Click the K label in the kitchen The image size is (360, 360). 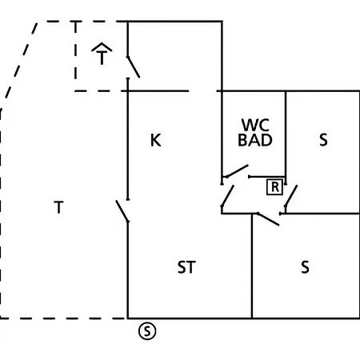click(156, 140)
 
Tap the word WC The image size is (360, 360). click(255, 125)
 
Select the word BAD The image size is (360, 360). click(255, 140)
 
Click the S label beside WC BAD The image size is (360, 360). click(323, 139)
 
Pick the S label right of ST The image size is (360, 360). click(306, 267)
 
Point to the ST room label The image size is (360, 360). click(186, 267)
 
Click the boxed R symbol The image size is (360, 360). click(274, 187)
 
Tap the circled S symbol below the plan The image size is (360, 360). click(147, 331)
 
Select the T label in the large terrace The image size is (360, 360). click(58, 207)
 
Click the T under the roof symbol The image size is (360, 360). click(102, 58)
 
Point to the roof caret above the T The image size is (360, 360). click(102, 47)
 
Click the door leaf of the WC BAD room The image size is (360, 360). click(238, 171)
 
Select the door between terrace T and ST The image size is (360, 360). click(122, 211)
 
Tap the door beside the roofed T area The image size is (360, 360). click(134, 67)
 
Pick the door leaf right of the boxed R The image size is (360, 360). click(291, 196)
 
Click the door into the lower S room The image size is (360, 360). click(268, 219)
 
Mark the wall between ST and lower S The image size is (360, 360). click(252, 266)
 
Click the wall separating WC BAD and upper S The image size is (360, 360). click(286, 138)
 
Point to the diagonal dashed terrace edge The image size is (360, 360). click(18, 66)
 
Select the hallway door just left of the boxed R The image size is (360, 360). click(228, 196)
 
